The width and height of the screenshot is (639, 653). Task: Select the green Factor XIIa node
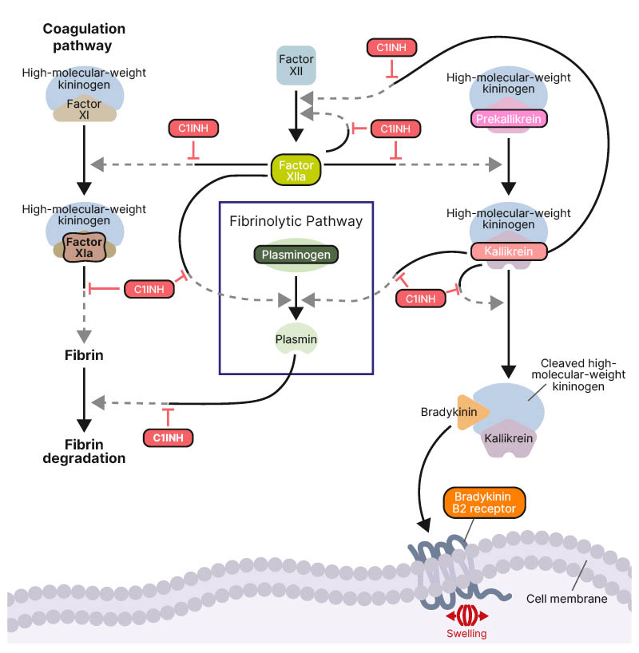(x=296, y=168)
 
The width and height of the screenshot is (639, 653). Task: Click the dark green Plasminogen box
(x=296, y=255)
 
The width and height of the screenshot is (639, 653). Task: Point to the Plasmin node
(x=296, y=340)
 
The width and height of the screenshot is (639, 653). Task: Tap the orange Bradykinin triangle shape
(x=469, y=413)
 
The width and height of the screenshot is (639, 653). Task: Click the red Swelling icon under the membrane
(x=466, y=616)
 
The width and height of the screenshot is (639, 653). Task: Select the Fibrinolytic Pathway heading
(x=296, y=221)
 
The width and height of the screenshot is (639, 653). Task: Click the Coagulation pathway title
(x=84, y=37)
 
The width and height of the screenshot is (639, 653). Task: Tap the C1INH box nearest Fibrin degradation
(x=169, y=437)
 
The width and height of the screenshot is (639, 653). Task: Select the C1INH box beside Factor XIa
(x=149, y=289)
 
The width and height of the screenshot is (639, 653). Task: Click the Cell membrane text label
(x=567, y=598)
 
